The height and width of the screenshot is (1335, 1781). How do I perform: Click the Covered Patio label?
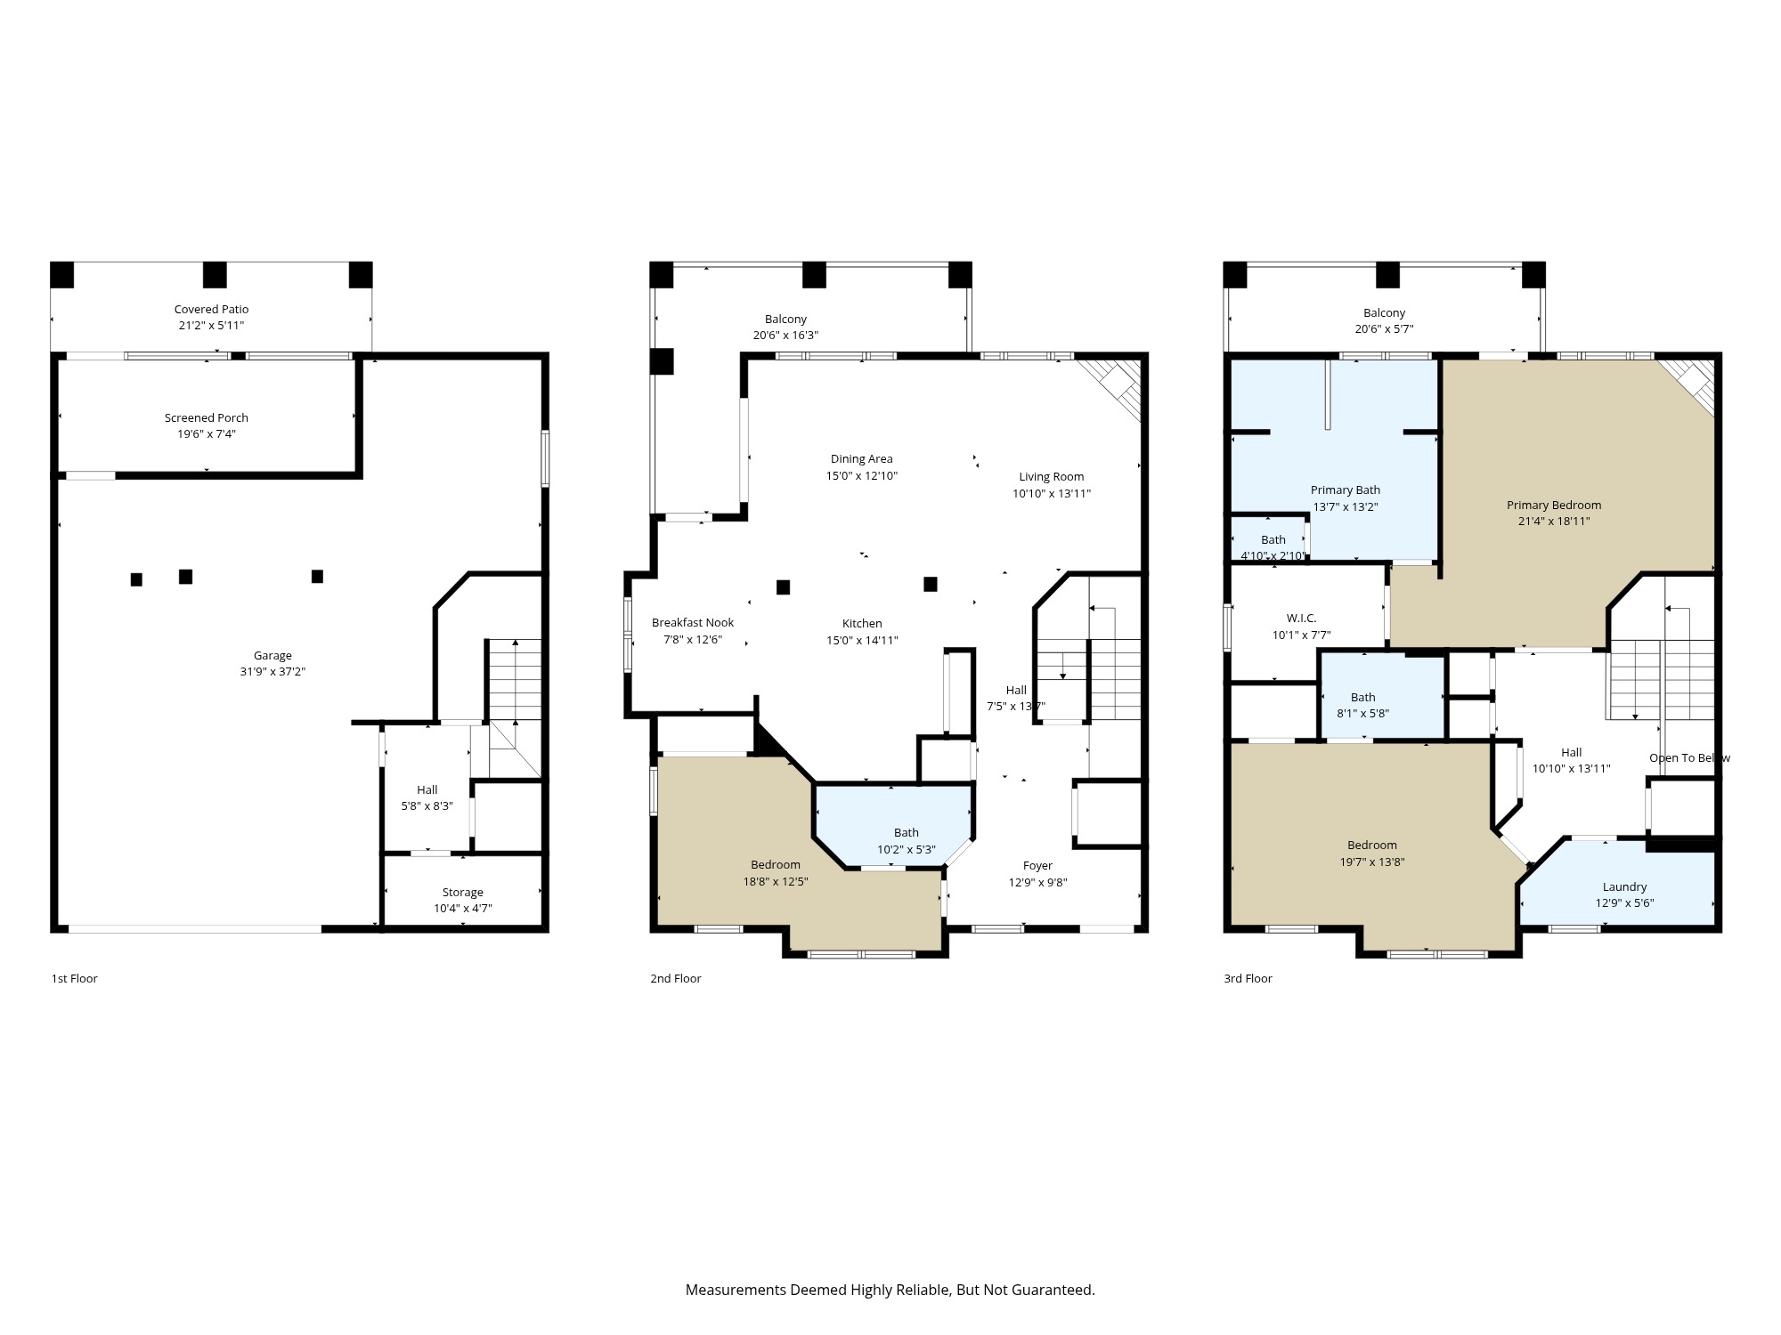click(211, 310)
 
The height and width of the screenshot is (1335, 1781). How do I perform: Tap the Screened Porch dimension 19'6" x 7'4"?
click(206, 434)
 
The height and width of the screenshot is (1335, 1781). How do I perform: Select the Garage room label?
click(272, 656)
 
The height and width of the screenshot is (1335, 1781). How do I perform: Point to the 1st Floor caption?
click(74, 979)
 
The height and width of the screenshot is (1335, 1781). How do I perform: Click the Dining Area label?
click(861, 459)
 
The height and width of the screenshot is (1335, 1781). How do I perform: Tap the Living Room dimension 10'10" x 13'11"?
click(1051, 493)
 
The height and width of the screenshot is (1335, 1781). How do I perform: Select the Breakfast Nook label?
click(692, 623)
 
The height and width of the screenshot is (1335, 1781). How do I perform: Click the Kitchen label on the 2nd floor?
click(862, 624)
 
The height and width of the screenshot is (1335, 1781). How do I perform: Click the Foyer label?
click(1037, 866)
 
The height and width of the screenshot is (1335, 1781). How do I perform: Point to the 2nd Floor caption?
click(675, 979)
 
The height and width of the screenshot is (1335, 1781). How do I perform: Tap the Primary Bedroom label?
click(1553, 506)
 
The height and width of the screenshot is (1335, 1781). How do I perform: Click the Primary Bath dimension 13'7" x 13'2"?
click(1345, 506)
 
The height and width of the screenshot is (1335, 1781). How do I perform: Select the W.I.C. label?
click(1301, 619)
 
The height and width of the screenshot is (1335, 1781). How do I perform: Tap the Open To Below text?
click(1689, 758)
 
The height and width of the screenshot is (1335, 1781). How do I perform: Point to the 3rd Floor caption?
click(1248, 979)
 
